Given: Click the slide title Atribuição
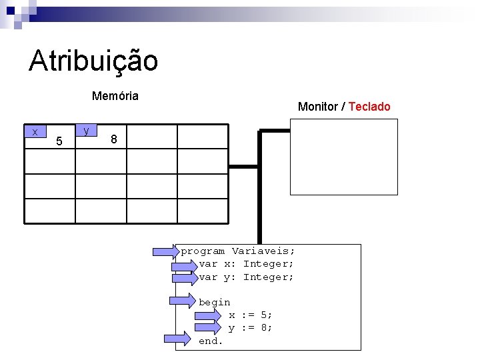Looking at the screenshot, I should (93, 61).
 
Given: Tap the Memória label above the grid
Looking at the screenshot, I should (115, 96).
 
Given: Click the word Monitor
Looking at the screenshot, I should (317, 107).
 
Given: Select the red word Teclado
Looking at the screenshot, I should (369, 107).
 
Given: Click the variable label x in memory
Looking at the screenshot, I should (35, 132).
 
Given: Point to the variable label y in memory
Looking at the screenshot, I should (87, 131).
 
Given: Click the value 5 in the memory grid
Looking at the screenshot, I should (59, 141).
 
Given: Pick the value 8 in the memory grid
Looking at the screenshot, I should (115, 139).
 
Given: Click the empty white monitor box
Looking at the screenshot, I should (343, 157).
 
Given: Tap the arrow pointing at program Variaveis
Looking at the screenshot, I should (167, 251).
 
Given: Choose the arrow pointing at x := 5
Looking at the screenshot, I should (207, 315).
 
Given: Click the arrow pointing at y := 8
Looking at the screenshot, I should (207, 327).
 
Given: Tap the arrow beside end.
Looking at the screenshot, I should (177, 339).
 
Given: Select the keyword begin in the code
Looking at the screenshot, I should (214, 302).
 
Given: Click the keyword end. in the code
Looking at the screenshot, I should (211, 341).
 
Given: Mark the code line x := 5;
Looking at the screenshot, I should (250, 315).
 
